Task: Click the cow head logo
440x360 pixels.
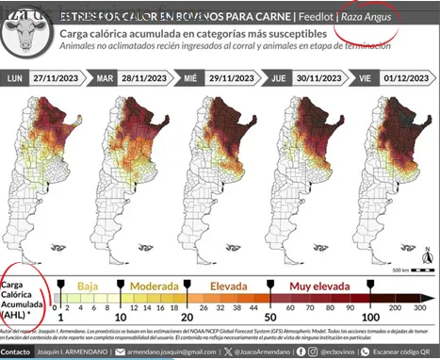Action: coord(27,36)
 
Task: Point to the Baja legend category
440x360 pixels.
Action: coord(88,284)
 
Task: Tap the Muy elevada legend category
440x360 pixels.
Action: coord(319,284)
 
